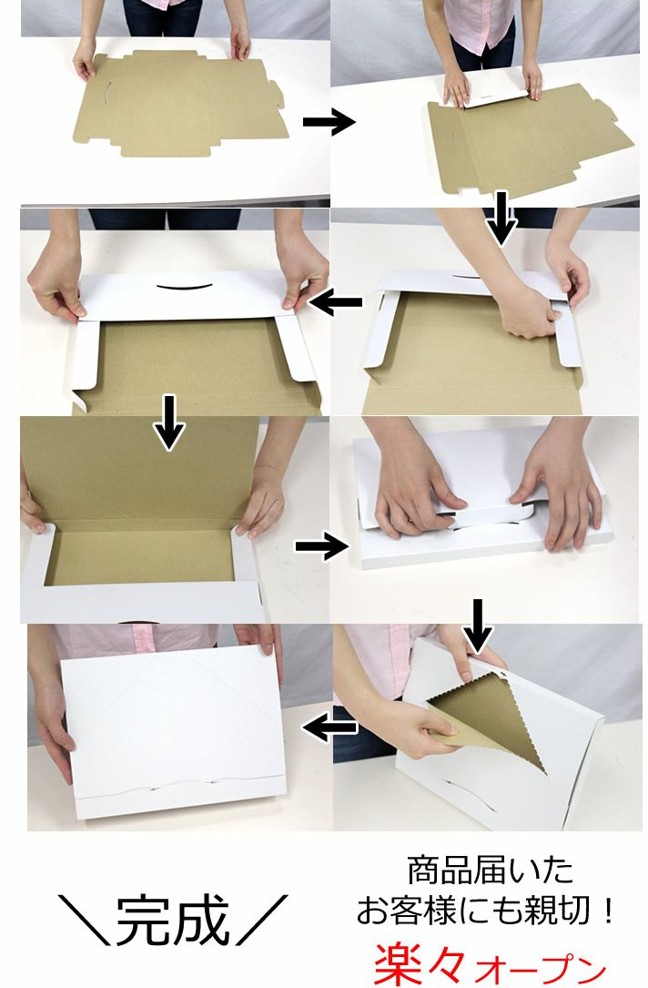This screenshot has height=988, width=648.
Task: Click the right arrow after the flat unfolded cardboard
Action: click(x=329, y=122)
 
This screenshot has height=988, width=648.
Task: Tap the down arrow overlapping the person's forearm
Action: click(x=501, y=218)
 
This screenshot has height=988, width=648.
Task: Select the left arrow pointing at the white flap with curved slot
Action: click(x=336, y=302)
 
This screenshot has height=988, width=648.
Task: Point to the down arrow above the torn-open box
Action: click(x=479, y=625)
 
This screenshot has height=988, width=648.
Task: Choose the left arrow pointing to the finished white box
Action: click(x=330, y=728)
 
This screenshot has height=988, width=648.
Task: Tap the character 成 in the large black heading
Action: click(x=202, y=920)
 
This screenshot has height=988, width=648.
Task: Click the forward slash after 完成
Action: click(x=261, y=920)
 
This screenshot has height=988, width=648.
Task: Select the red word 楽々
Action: click(x=420, y=963)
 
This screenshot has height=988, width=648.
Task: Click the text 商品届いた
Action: click(x=490, y=871)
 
